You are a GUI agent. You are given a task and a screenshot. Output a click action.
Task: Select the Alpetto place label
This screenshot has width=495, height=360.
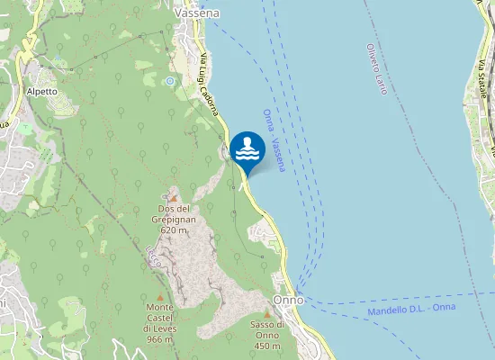click(42, 91)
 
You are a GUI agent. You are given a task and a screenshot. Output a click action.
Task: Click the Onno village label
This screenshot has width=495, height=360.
click(288, 299)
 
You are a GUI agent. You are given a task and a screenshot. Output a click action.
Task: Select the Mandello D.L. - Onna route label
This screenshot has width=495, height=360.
click(411, 309)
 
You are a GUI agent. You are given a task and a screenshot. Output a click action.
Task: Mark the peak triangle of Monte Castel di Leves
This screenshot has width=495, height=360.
click(160, 297)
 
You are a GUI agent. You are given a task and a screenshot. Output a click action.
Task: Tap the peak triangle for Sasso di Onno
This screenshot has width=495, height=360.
click(267, 313)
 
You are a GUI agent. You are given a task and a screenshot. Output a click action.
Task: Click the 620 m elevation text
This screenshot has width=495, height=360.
click(173, 230)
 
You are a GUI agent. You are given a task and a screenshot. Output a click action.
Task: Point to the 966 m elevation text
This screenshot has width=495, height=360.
click(159, 339)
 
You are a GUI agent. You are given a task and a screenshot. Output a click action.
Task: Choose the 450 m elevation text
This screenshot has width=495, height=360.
click(267, 346)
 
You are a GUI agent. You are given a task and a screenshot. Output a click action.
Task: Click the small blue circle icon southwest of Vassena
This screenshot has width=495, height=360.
click(168, 81)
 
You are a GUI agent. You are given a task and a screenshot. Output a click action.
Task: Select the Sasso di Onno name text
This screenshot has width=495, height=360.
click(268, 329)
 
